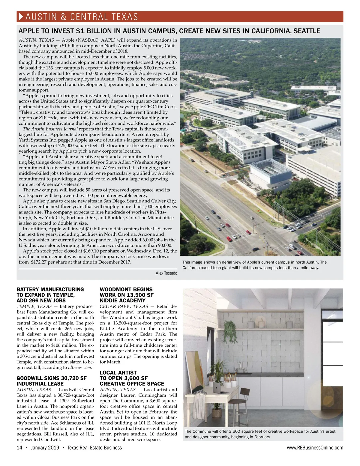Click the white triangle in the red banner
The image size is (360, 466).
[21, 16]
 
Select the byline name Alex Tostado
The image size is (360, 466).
[166, 273]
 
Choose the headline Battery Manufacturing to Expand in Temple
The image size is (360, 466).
[50, 295]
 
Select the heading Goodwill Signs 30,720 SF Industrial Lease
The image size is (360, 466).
[51, 381]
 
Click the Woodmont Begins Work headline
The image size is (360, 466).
[126, 295]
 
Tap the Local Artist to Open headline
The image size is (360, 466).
[132, 378]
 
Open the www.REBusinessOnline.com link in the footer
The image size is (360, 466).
[315, 448]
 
